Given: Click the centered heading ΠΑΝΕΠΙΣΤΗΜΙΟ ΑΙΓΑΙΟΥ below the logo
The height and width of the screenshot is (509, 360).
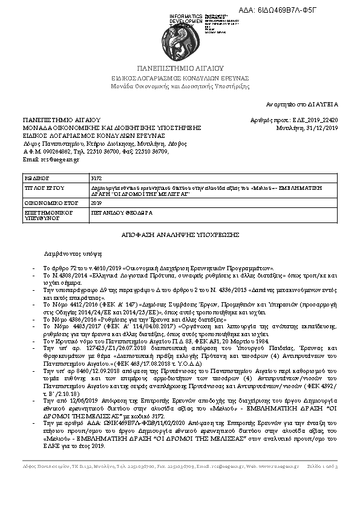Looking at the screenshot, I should point(180,69).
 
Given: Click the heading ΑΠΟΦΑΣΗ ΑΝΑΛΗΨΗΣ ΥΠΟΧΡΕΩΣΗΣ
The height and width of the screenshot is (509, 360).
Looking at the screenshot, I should point(180,233).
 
